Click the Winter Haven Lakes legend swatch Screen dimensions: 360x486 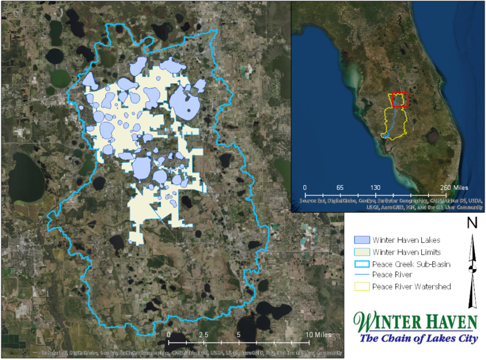point(362,240)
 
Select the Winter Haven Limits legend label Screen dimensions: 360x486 point(406,252)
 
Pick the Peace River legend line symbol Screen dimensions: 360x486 point(362,275)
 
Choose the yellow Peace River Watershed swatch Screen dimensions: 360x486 point(362,286)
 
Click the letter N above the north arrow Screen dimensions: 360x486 point(472,223)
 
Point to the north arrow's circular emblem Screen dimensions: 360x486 point(472,269)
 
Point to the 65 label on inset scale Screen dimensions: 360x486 point(340,187)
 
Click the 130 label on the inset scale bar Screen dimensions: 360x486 point(375,187)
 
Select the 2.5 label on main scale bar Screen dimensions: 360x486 point(204,335)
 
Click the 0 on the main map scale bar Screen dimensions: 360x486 point(169,335)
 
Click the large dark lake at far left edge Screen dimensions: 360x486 point(24,175)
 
